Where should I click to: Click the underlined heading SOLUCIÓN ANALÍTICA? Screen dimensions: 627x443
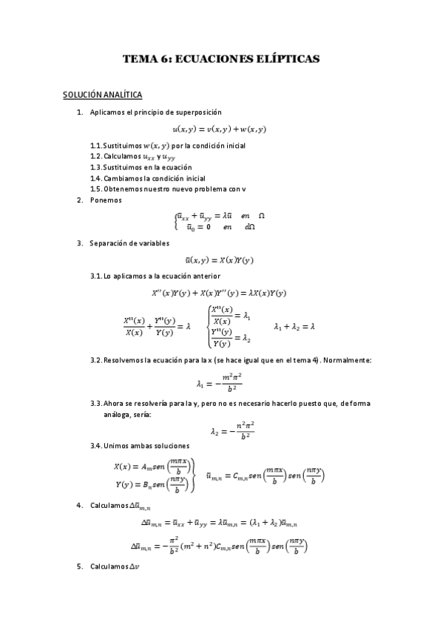tap(102, 95)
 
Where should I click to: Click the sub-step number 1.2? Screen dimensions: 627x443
tap(95, 156)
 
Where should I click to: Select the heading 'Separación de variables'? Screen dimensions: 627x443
tap(129, 243)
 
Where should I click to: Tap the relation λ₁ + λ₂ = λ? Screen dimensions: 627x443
tap(294, 325)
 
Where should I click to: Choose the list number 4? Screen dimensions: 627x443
tap(79, 505)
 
